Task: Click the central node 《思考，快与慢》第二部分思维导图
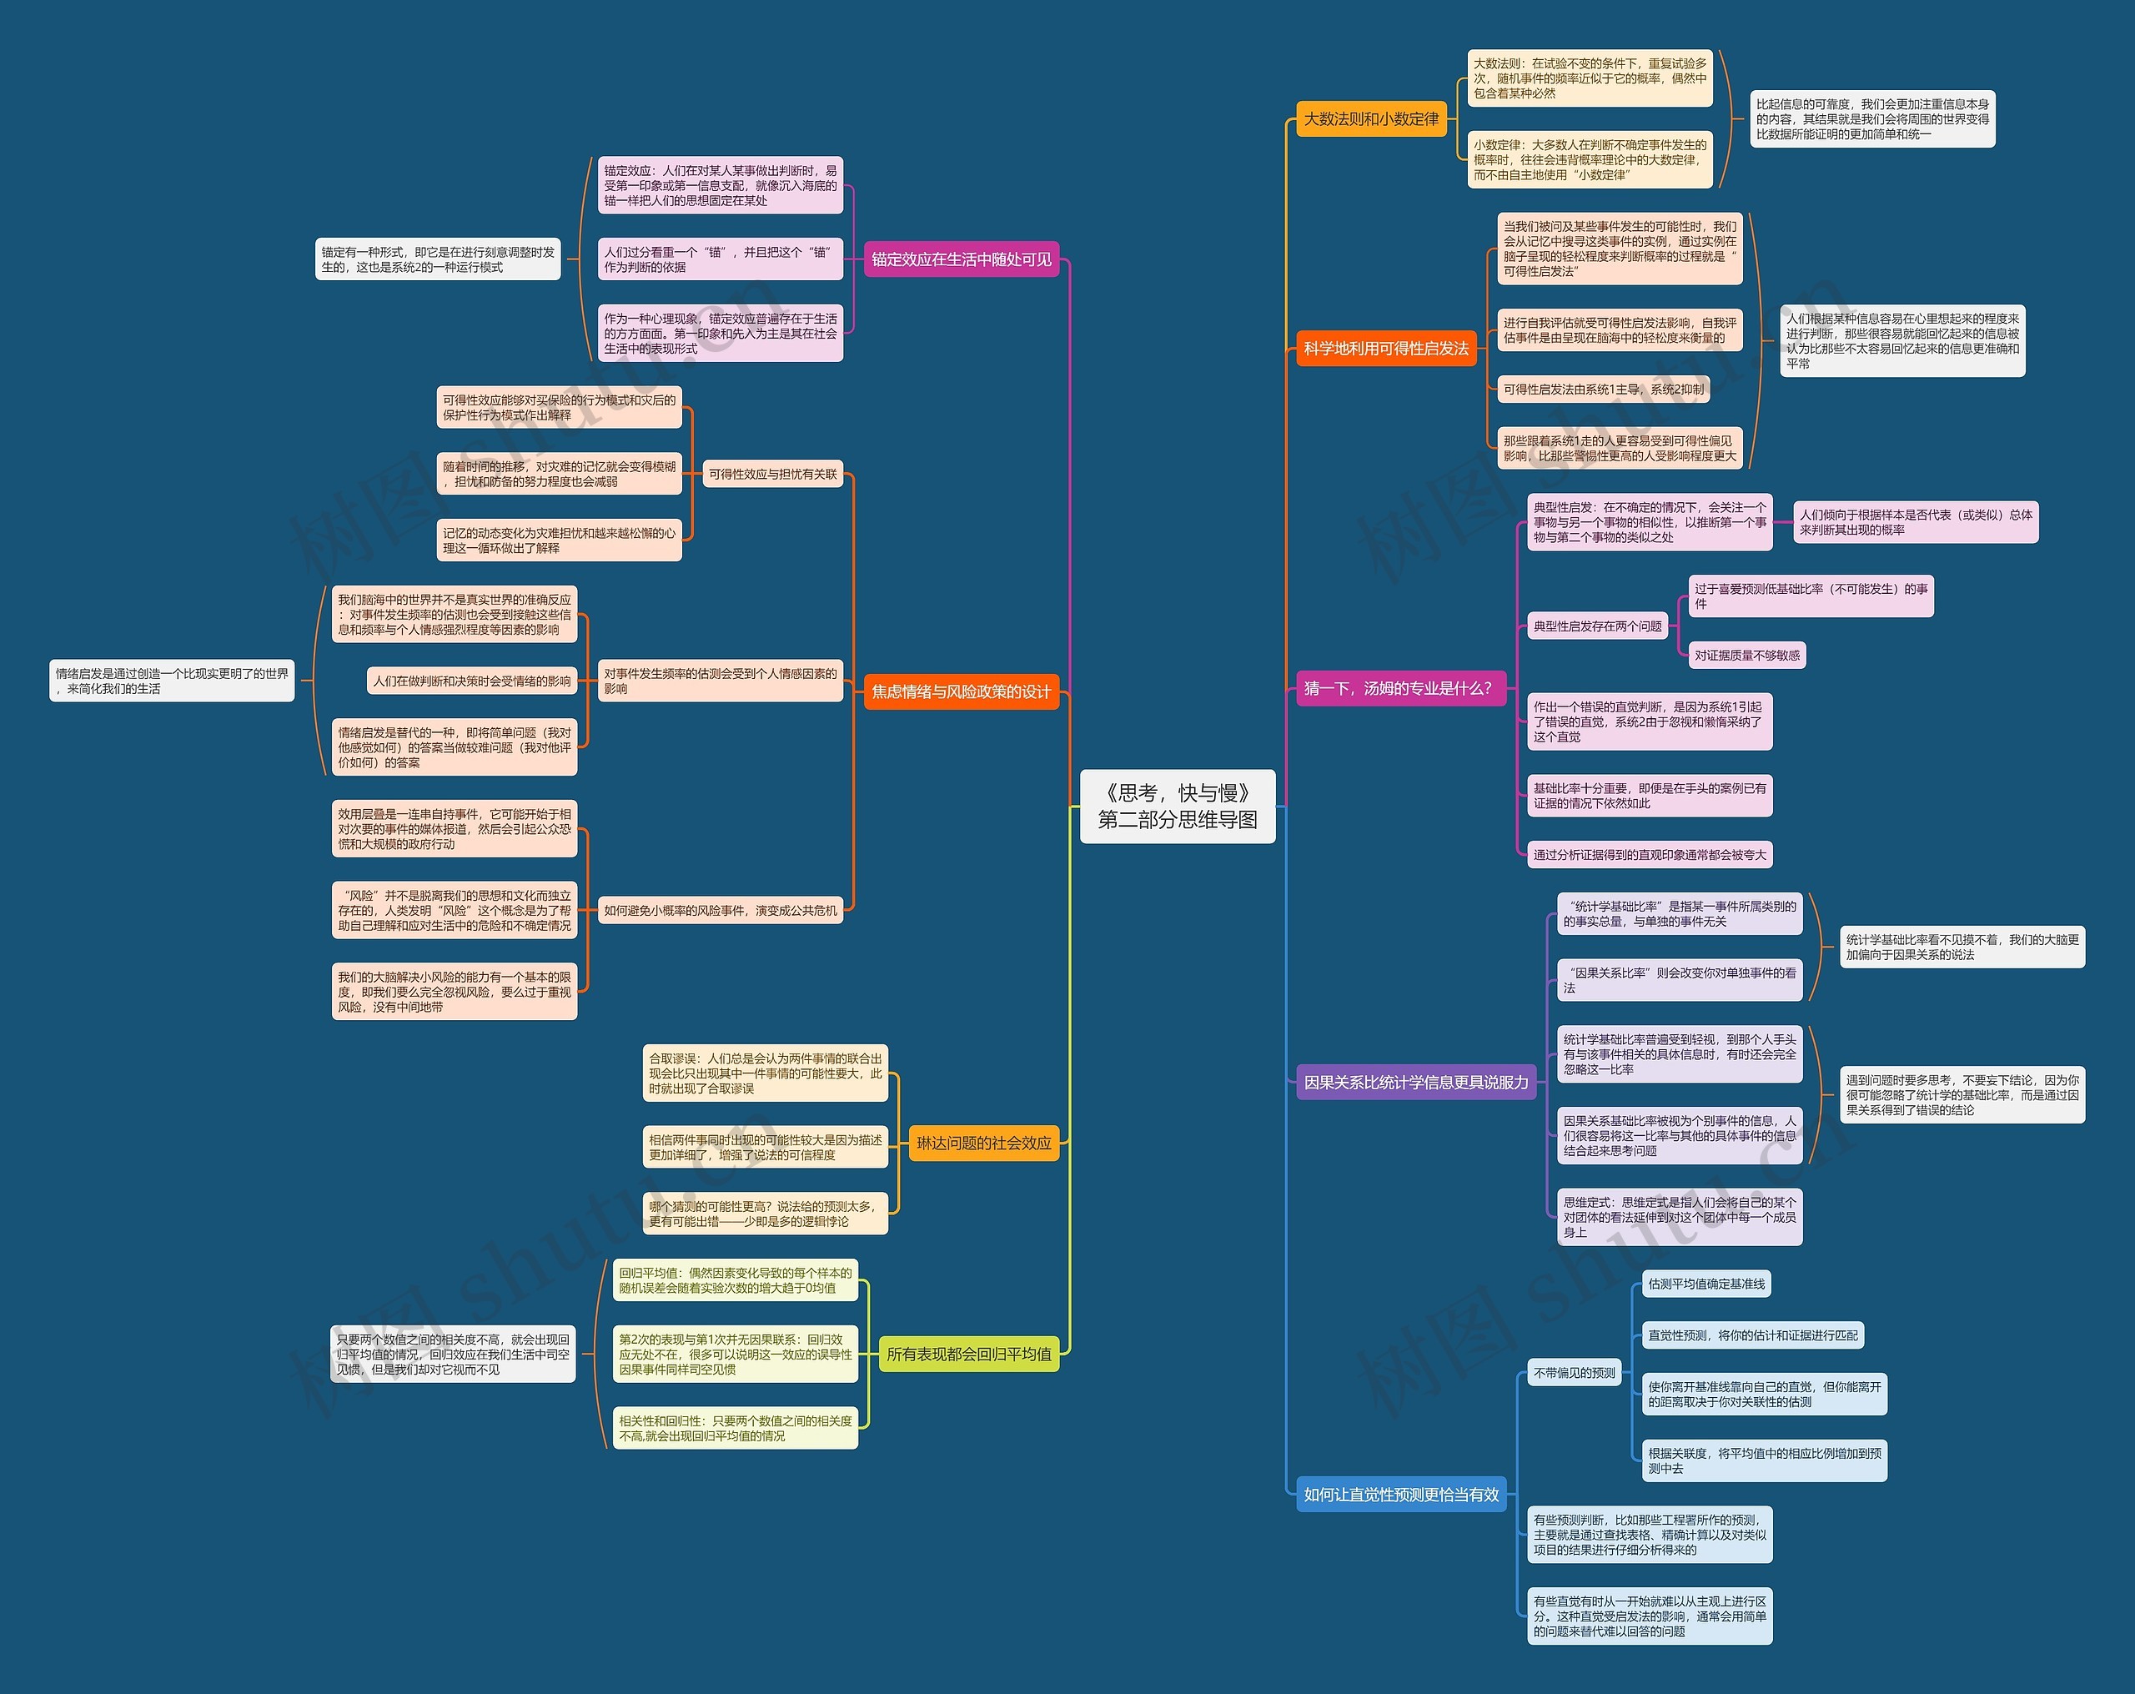click(x=1177, y=807)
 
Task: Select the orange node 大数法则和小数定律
click(x=1370, y=119)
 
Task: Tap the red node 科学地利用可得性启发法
click(x=1385, y=349)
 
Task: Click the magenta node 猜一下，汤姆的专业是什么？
click(x=1397, y=688)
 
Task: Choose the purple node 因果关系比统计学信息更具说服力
click(x=1415, y=1083)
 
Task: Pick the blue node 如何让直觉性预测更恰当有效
click(x=1400, y=1495)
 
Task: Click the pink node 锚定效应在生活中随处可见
click(x=961, y=259)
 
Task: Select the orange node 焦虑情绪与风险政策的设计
click(x=961, y=691)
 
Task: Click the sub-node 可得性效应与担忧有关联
click(x=772, y=475)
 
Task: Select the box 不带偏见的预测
click(x=1574, y=1373)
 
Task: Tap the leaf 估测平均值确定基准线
click(x=1706, y=1284)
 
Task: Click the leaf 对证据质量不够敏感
click(x=1747, y=655)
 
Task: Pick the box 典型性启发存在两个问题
click(x=1597, y=626)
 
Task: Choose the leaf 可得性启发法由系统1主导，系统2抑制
click(x=1603, y=390)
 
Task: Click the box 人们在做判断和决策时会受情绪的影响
click(x=471, y=681)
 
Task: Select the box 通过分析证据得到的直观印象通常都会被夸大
click(x=1649, y=855)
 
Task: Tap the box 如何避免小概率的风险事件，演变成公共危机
click(x=720, y=911)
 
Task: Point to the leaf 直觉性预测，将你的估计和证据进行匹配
click(x=1751, y=1335)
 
